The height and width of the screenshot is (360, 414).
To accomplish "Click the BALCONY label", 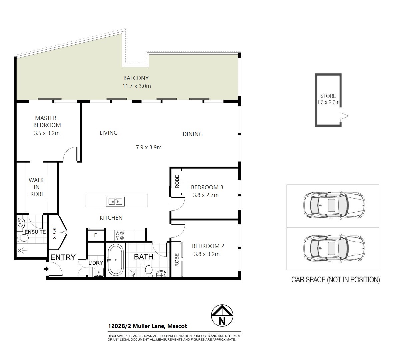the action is tap(136, 78).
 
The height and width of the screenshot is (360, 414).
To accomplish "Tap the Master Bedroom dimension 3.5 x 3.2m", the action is tap(47, 133).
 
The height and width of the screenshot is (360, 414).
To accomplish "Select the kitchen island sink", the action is tap(115, 202).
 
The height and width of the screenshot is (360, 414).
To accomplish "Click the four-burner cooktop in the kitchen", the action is tap(120, 235).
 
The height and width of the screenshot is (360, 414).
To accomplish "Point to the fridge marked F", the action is tap(96, 235).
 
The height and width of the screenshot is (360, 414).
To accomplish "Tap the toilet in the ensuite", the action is tap(23, 238).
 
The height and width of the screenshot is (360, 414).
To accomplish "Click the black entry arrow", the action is tap(46, 269).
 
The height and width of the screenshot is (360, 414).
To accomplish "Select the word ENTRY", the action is tap(63, 257).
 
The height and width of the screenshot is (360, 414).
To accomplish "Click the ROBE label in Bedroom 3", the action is tap(177, 182).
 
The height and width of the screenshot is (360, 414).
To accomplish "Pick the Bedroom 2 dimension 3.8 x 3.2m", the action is tap(207, 254).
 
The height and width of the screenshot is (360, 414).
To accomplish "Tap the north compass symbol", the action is tap(222, 315).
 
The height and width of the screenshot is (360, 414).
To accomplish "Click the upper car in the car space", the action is tap(334, 205).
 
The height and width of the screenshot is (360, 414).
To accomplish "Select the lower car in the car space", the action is tap(334, 249).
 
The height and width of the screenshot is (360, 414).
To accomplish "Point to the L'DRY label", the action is tap(96, 263).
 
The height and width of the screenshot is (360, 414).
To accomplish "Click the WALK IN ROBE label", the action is tap(37, 187).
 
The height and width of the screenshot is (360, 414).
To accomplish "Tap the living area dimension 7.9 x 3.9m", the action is tap(149, 147).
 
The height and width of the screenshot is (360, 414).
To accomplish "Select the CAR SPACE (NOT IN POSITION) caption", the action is tap(335, 280).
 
